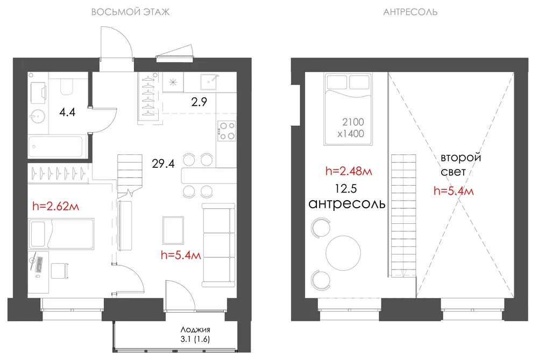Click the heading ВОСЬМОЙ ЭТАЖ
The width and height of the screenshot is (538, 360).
(x=130, y=12)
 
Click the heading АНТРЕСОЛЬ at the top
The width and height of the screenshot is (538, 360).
(x=410, y=12)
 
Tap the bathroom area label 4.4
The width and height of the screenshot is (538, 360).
(x=67, y=112)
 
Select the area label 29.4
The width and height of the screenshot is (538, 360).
(x=164, y=164)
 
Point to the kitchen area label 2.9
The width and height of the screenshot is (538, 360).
(x=199, y=102)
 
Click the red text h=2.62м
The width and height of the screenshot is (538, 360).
(x=55, y=206)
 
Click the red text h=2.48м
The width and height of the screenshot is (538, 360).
(x=349, y=171)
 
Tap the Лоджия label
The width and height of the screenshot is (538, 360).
(x=195, y=329)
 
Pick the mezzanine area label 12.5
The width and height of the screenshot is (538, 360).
(x=346, y=188)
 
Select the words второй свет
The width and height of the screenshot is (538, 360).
(x=461, y=164)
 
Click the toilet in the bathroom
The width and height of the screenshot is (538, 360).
(x=67, y=87)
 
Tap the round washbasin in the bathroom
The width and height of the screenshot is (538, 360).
(x=37, y=116)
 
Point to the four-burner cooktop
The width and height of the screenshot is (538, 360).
(x=227, y=131)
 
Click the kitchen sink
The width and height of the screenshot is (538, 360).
(x=209, y=82)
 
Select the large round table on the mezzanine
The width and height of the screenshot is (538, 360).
(x=343, y=253)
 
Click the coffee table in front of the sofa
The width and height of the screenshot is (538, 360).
(x=173, y=230)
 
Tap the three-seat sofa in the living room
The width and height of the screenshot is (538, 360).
(x=218, y=245)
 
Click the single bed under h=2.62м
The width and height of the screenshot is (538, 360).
(x=61, y=234)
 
